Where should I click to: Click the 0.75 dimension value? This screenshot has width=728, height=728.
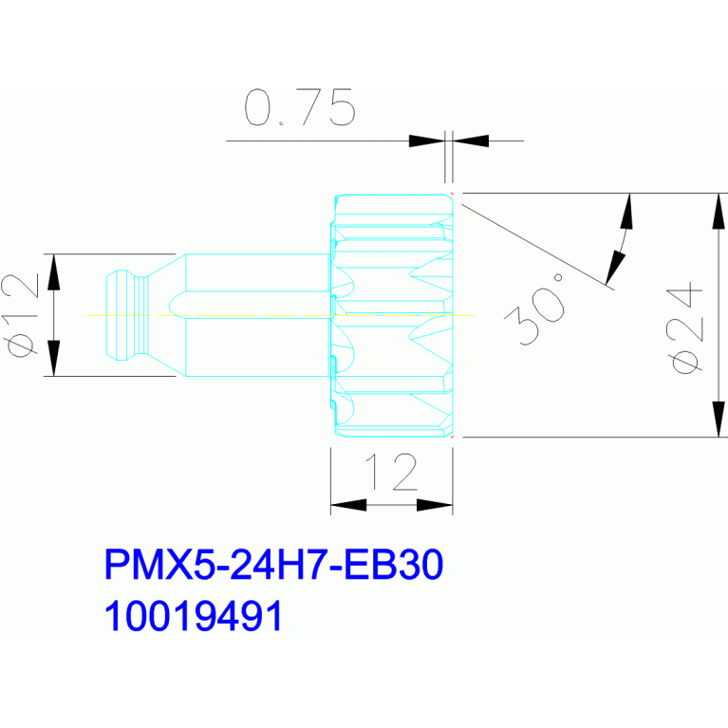point(300,108)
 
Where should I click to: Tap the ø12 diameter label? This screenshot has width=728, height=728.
point(21,314)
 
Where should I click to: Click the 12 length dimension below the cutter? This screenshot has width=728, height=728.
point(392,472)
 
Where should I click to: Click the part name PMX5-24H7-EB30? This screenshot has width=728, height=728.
point(273,567)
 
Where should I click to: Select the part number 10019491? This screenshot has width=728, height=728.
point(194,617)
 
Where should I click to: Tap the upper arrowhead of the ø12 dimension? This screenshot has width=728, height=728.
point(53,272)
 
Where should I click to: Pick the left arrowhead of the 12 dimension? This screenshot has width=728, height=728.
point(347,506)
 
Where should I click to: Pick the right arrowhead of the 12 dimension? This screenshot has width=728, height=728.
point(435,506)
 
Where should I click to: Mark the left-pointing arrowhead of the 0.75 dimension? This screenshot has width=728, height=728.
point(470,140)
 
